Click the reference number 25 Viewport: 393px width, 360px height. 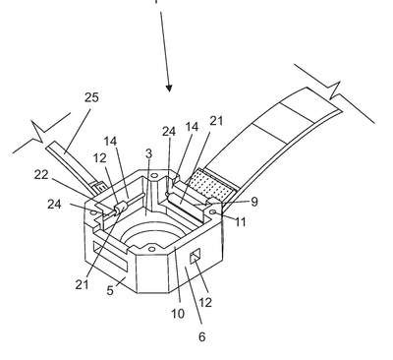click(x=91, y=97)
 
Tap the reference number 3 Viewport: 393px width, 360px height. click(x=148, y=154)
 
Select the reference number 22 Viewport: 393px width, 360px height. click(x=41, y=174)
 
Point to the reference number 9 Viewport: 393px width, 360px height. click(x=254, y=202)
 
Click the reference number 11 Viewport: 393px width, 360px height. click(x=240, y=222)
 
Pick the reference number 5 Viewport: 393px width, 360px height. click(x=110, y=290)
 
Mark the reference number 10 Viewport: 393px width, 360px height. click(x=178, y=314)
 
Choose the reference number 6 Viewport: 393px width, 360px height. click(x=202, y=336)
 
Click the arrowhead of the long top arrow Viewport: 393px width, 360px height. click(x=169, y=88)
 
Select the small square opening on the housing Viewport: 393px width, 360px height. click(x=196, y=256)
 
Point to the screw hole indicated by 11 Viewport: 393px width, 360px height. click(x=215, y=213)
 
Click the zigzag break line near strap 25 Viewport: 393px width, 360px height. click(x=41, y=133)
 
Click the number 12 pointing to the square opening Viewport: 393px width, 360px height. click(x=205, y=302)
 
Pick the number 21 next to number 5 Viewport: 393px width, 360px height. click(x=82, y=284)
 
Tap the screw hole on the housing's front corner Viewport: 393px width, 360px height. click(x=151, y=250)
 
